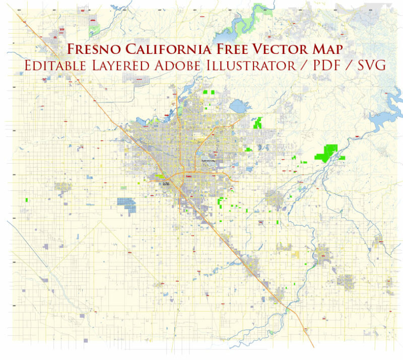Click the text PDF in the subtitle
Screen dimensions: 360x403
coord(339,65)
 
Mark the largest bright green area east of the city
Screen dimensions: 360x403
coord(330,152)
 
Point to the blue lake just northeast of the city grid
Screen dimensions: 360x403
coord(237,106)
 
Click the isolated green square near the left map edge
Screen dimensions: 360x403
coord(26,200)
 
